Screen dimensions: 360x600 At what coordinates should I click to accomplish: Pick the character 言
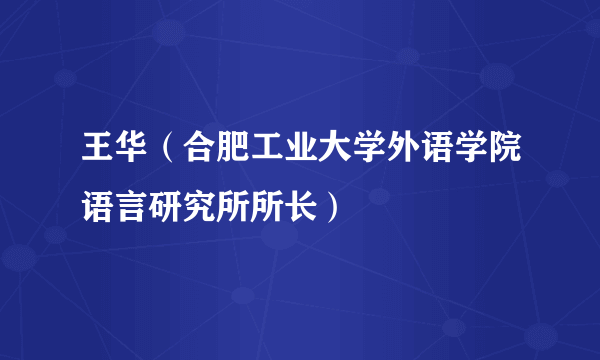(x=130, y=204)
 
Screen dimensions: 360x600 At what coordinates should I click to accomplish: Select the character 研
(x=164, y=204)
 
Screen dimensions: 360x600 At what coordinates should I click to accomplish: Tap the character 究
(x=198, y=204)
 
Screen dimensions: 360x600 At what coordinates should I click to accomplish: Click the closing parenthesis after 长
(x=329, y=204)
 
